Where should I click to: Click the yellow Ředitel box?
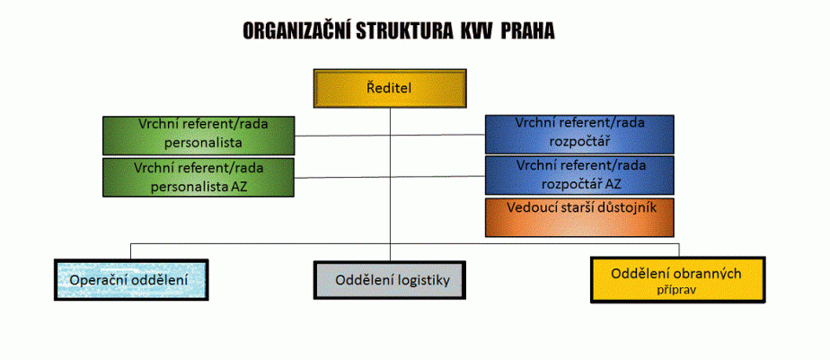(x=390, y=88)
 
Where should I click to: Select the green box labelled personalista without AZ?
(x=199, y=136)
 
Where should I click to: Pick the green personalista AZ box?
(x=198, y=178)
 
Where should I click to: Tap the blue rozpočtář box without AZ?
(x=579, y=134)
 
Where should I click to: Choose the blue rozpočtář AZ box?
(x=579, y=175)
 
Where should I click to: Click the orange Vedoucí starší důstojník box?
(x=579, y=217)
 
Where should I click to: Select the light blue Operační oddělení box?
(x=131, y=279)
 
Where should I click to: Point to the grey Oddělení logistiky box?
(x=390, y=279)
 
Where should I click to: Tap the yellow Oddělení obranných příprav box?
(x=678, y=279)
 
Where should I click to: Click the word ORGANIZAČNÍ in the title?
(x=298, y=31)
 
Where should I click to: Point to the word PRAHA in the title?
(x=527, y=31)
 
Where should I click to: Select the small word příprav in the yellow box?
(x=677, y=290)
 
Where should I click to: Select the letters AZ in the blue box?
(x=613, y=184)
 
